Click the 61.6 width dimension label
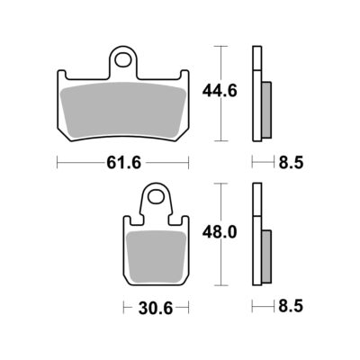pos(123,163)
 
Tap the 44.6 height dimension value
pos(220,91)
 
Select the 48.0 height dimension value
pos(220,232)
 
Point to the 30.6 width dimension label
pos(156,308)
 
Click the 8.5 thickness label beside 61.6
pos(291,163)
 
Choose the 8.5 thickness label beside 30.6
pos(291,307)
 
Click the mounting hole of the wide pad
pos(123,59)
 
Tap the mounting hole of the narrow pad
pos(156,196)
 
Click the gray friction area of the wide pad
pos(123,109)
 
